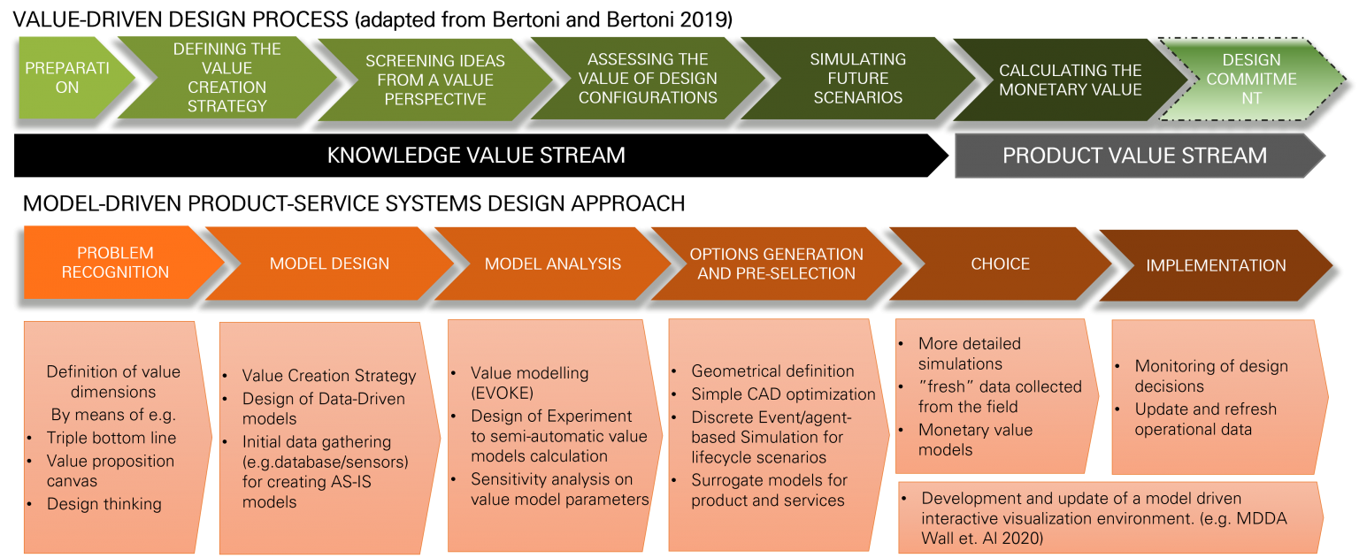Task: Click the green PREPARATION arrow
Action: (70, 78)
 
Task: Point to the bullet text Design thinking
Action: (104, 503)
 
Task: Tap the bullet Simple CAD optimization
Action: (783, 394)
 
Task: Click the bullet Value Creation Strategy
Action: (329, 376)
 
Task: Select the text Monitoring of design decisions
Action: (1211, 376)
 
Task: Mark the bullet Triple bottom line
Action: (111, 438)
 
